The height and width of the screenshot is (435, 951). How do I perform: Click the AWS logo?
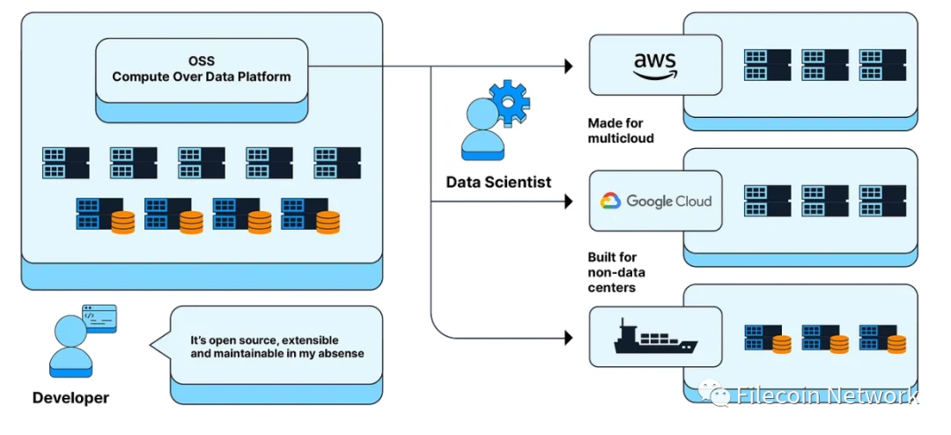pos(654,63)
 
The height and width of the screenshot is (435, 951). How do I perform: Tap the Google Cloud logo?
pos(656,201)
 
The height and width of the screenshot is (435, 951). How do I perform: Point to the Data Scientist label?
pos(498,182)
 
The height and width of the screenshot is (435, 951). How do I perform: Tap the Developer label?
pos(70,398)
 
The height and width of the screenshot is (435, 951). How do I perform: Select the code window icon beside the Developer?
pos(100,318)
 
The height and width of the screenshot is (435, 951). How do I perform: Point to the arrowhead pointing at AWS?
pos(568,66)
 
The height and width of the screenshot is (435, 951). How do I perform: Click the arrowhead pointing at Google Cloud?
pos(568,203)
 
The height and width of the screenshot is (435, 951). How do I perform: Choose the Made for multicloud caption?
pos(621,131)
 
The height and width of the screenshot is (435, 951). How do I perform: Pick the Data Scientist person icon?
pos(483,132)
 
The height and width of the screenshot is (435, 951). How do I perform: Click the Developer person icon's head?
pos(70,332)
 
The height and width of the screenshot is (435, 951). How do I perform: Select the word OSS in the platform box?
pos(202,61)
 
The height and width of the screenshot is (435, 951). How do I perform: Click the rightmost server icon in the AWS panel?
pos(882,64)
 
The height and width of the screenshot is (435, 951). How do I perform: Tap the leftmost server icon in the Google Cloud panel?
pos(767,201)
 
